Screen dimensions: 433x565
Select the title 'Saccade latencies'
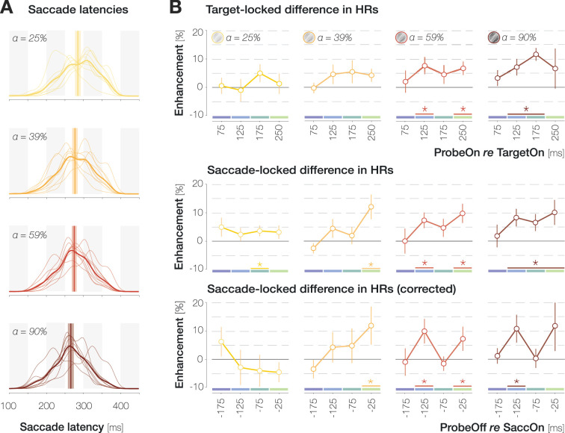pyautogui.click(x=67, y=11)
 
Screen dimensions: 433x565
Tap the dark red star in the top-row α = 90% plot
pyautogui.click(x=526, y=109)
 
